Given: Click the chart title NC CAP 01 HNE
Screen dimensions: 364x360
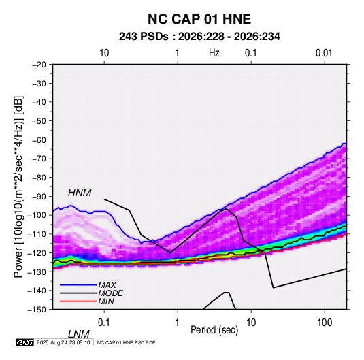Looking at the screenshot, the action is pos(199,19).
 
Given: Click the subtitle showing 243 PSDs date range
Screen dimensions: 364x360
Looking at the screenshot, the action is pos(199,37).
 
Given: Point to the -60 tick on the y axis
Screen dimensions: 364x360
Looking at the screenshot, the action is pos(39,140).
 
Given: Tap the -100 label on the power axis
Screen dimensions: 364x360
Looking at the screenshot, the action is pos(37,215).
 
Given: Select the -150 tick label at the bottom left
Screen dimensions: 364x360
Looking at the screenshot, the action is pos(37,310).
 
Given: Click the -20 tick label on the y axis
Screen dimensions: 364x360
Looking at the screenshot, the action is pos(39,65).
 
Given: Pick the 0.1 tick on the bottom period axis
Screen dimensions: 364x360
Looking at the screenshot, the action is pos(104,323).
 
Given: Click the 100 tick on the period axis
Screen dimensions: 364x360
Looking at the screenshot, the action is pos(325,323).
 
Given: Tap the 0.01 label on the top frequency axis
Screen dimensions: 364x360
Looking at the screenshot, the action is pos(324,53).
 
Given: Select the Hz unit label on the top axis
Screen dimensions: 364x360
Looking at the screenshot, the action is pos(214,53).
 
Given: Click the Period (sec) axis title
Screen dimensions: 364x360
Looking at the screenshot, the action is pos(214,330).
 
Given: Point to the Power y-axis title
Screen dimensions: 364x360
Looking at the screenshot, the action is pos(18,186).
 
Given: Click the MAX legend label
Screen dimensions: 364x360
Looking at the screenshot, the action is pos(107,285).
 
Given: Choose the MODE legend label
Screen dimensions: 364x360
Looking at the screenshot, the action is pos(110,293).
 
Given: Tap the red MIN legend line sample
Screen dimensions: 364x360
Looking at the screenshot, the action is pos(78,301).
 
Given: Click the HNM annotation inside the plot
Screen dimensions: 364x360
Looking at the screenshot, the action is pos(80,193).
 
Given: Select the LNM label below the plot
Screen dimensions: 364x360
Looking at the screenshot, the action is pos(79,334).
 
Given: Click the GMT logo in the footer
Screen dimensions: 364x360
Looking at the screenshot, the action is pos(24,342).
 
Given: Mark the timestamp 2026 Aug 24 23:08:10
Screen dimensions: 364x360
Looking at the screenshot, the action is pos(63,342).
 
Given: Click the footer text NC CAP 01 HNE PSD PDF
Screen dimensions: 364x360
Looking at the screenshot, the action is pos(126,343).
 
